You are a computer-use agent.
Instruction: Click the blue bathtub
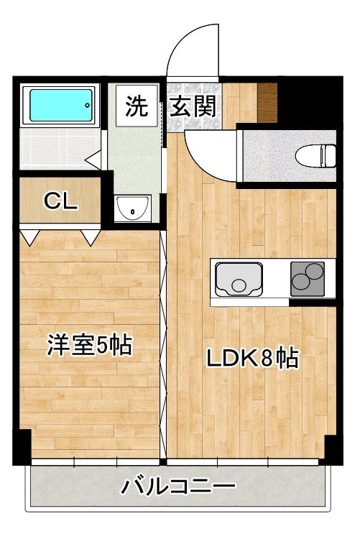pos(60,107)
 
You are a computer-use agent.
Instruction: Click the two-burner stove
pos(308,278)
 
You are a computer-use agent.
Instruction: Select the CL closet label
pos(60,201)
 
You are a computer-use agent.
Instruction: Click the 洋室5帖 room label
pos(89,346)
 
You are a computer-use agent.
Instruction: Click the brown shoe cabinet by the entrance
pos(267,103)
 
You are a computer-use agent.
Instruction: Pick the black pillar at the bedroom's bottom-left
pos(23,446)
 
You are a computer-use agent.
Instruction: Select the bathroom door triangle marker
pos(93,158)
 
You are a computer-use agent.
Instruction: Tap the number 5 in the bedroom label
pos(102,346)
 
